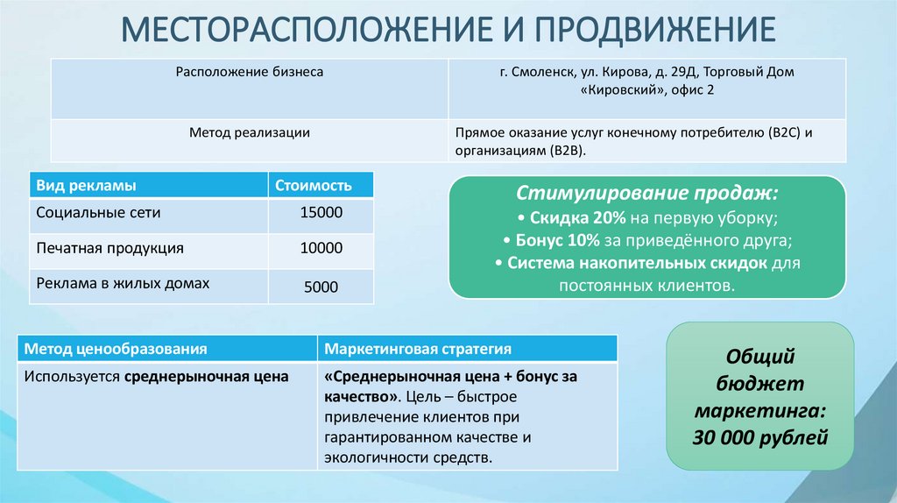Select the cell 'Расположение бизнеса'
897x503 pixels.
[x=250, y=72]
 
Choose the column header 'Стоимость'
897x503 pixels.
[x=314, y=185]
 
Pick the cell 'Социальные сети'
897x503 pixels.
[x=98, y=213]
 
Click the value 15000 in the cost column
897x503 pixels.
[x=321, y=213]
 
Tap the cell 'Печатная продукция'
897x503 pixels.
[x=109, y=248]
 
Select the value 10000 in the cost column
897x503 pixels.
[x=321, y=248]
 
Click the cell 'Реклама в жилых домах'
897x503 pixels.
[x=123, y=283]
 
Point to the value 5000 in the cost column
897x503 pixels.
[x=321, y=287]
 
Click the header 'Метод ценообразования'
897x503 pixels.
[x=116, y=348]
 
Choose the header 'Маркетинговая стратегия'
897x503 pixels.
[x=418, y=348]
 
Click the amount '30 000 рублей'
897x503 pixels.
[x=760, y=436]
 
